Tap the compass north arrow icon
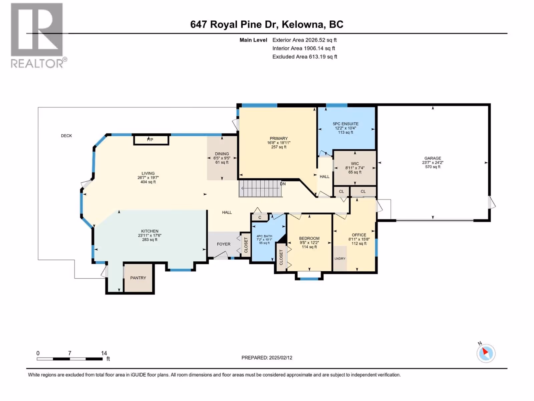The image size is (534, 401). click(486, 353)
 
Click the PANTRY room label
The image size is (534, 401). click(138, 278)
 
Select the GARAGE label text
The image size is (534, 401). click(433, 158)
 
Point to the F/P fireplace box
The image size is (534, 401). click(151, 140)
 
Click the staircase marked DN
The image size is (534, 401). click(260, 188)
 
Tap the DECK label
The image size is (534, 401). click(66, 136)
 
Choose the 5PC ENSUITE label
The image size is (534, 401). click(345, 124)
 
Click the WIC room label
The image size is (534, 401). click(355, 164)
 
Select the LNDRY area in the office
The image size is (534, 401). click(340, 259)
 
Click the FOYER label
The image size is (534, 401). click(224, 244)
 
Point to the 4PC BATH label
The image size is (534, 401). click(264, 236)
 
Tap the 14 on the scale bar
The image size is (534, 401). click(104, 353)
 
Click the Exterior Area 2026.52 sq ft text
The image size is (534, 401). click(304, 40)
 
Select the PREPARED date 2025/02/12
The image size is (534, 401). click(280, 358)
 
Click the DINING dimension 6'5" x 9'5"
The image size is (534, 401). click(222, 158)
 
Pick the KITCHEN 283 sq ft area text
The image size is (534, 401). click(150, 240)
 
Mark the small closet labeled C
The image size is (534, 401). click(260, 217)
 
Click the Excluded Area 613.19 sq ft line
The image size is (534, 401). click(305, 57)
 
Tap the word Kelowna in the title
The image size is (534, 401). click(303, 24)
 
